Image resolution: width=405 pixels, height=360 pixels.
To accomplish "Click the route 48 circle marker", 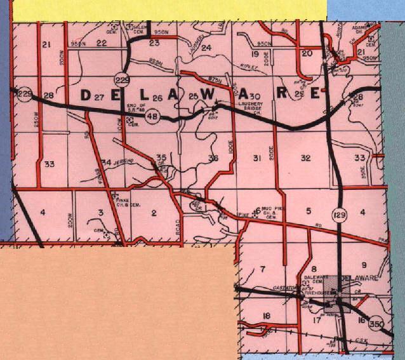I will (153, 117).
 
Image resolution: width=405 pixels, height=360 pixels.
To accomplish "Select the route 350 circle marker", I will (376, 324).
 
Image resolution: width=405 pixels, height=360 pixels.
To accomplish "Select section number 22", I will (101, 43).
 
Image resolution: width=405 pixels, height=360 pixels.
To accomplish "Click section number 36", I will (213, 158).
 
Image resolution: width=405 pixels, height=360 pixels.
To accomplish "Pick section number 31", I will (257, 157).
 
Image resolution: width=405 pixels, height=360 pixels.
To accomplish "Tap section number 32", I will (305, 157).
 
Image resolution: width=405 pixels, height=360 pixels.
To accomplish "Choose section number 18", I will (266, 316).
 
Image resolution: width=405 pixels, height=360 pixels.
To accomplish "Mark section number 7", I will (262, 270).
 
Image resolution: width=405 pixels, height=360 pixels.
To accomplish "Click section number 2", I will (153, 213).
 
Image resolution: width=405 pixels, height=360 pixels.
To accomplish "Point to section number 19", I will (256, 54).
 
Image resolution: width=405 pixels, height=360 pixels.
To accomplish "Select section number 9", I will (364, 265).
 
